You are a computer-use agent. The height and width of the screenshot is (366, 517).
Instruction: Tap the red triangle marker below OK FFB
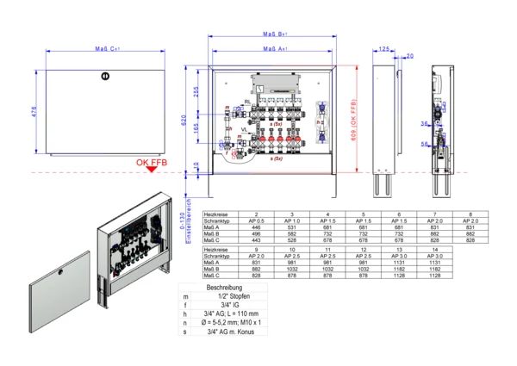(152, 170)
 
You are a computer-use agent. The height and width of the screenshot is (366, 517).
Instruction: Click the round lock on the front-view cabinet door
(104, 76)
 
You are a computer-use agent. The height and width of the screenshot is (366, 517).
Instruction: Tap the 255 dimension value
(196, 92)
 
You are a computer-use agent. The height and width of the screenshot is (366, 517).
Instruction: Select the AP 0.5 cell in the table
(257, 220)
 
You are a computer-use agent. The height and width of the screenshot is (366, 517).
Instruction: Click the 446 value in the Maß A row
(257, 226)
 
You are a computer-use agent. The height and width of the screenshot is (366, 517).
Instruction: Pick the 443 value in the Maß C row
(257, 239)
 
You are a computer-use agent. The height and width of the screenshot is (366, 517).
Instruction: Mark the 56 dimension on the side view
(426, 145)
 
